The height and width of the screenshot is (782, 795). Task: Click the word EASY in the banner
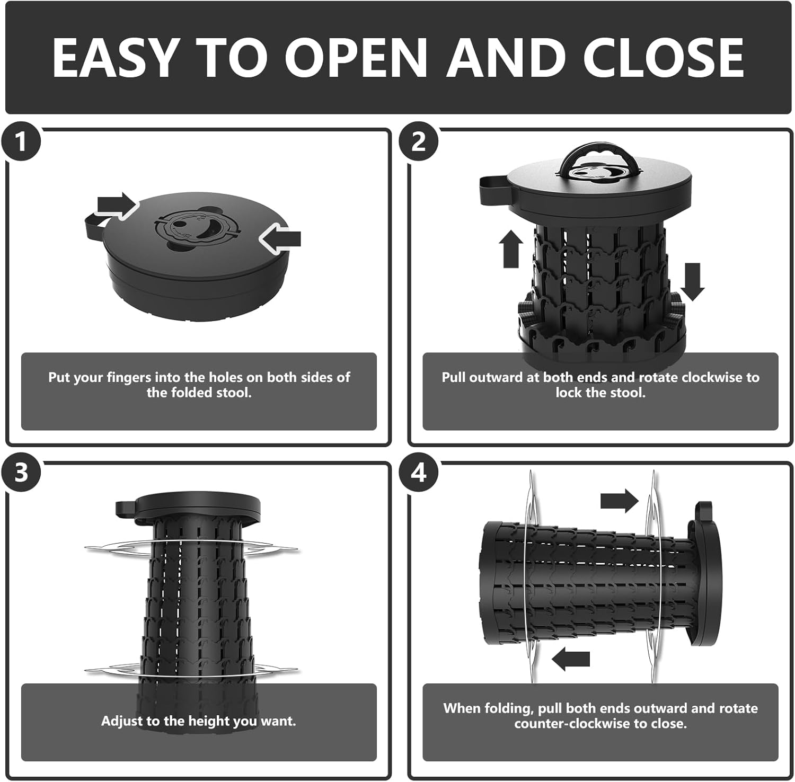pyautogui.click(x=114, y=58)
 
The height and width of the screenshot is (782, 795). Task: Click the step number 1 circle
pyautogui.click(x=21, y=142)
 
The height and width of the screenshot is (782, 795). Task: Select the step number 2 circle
pyautogui.click(x=419, y=142)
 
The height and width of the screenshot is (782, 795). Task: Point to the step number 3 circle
pyautogui.click(x=21, y=472)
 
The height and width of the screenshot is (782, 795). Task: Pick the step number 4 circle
pyautogui.click(x=419, y=472)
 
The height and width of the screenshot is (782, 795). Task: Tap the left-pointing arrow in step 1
pyautogui.click(x=280, y=239)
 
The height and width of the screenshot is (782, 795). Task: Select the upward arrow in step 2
pyautogui.click(x=511, y=248)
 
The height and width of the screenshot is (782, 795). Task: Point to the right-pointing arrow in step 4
pyautogui.click(x=620, y=501)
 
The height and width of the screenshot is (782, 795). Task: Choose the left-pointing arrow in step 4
pyautogui.click(x=571, y=659)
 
